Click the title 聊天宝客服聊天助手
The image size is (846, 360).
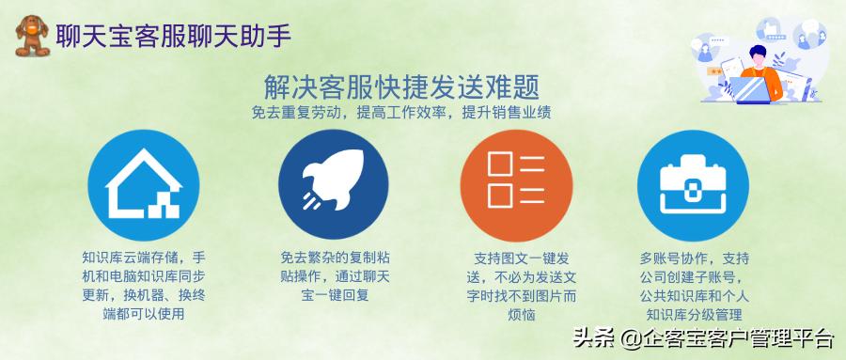tap(173, 36)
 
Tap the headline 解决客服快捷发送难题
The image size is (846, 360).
tap(401, 87)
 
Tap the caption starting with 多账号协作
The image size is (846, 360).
tap(695, 285)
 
